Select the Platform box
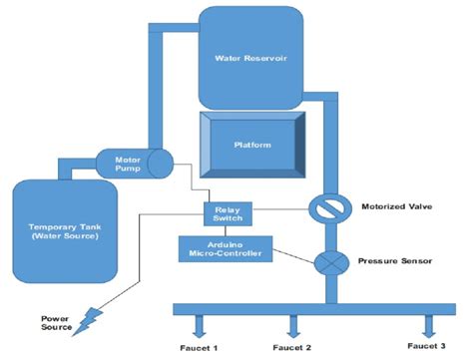click(x=250, y=144)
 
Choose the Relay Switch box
click(x=229, y=213)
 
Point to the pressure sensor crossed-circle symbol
click(x=326, y=264)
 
